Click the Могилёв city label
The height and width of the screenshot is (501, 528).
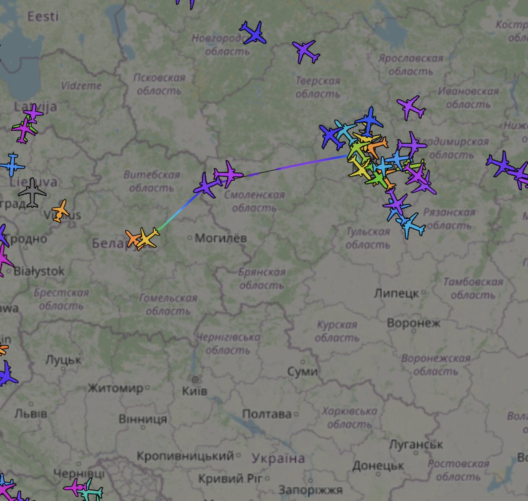tap(220, 238)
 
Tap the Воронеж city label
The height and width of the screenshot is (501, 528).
tap(413, 323)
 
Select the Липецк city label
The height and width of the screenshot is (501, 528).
tap(396, 293)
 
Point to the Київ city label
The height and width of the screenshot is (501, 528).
tap(194, 391)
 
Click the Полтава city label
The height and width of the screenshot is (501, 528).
tap(267, 414)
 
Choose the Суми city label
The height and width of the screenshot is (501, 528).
tap(302, 372)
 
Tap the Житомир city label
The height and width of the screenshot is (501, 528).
tap(116, 388)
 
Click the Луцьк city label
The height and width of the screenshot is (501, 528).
tap(63, 360)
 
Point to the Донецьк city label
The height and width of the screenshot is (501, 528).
tap(378, 465)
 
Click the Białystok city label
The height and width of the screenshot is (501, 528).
tap(39, 271)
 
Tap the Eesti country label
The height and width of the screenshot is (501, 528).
tap(43, 17)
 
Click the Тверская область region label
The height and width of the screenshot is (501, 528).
tap(318, 88)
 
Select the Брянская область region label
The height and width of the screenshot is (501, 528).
tap(261, 279)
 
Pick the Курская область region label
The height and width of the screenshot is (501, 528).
tap(337, 331)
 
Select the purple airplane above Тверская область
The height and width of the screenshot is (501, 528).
tap(306, 51)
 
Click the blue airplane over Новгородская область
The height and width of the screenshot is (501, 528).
tap(253, 33)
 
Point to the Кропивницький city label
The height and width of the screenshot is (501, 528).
tap(185, 456)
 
